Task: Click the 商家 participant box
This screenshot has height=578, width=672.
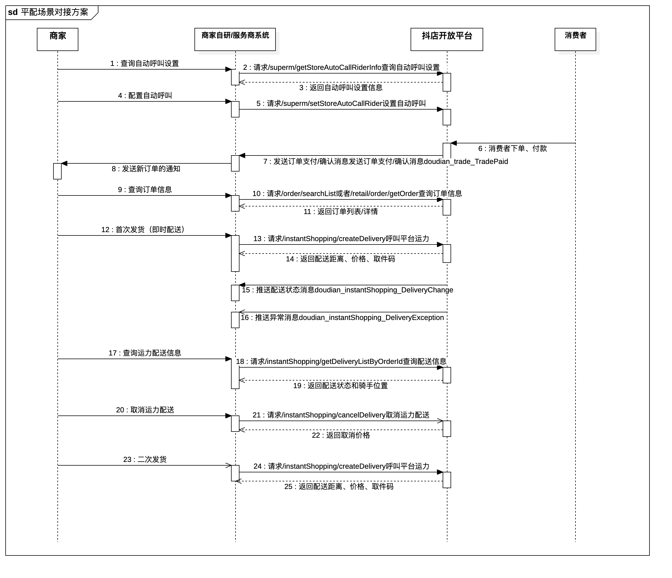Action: pyautogui.click(x=57, y=39)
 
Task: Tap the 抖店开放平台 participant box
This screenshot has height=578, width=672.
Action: pyautogui.click(x=447, y=39)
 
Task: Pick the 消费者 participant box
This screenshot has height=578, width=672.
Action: pyautogui.click(x=575, y=39)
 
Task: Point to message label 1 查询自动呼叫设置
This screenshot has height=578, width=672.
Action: pyautogui.click(x=145, y=64)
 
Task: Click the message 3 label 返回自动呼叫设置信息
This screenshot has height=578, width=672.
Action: pyautogui.click(x=341, y=88)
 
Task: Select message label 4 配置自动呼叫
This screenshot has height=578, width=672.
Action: pyautogui.click(x=145, y=96)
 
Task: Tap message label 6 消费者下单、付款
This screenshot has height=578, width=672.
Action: pyautogui.click(x=512, y=149)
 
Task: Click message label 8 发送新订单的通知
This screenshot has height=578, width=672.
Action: pyautogui.click(x=146, y=169)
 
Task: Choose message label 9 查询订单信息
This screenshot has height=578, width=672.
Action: pyautogui.click(x=145, y=190)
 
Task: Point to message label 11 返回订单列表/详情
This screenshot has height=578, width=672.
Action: pyautogui.click(x=341, y=212)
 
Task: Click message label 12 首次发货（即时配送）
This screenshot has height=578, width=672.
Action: pyautogui.click(x=145, y=230)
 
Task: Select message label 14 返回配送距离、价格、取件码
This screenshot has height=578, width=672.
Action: pyautogui.click(x=340, y=259)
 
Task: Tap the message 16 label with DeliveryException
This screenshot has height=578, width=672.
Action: pyautogui.click(x=342, y=317)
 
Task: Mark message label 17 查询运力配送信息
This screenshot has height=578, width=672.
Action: pyautogui.click(x=145, y=353)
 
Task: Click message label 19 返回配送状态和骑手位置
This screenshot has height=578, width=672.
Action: pyautogui.click(x=341, y=386)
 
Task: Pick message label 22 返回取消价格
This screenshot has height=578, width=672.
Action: pyautogui.click(x=341, y=435)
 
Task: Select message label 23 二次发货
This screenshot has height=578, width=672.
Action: pyautogui.click(x=145, y=459)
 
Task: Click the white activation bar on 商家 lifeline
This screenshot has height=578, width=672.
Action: pyautogui.click(x=57, y=171)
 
